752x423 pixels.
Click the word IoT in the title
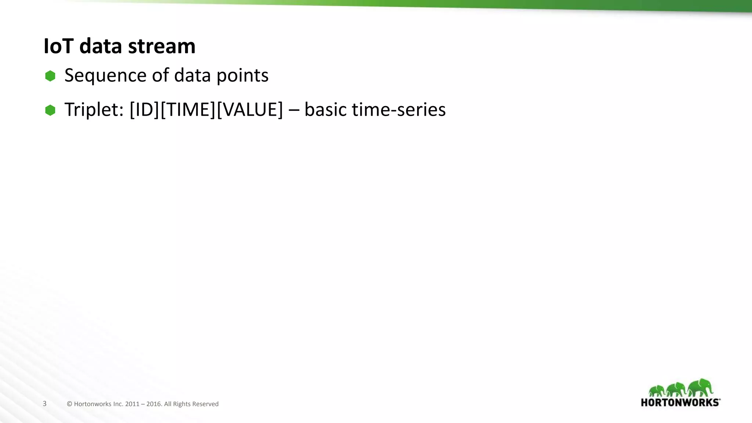point(58,46)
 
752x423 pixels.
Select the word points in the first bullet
point(242,76)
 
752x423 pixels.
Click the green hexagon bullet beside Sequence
point(50,76)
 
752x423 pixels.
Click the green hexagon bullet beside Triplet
point(50,110)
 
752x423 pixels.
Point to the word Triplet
point(94,110)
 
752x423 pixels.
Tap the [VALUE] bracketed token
point(250,110)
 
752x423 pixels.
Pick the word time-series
point(399,110)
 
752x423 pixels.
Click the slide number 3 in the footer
point(45,404)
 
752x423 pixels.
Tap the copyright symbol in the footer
point(69,404)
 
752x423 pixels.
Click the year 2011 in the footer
point(132,404)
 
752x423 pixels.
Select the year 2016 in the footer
point(153,404)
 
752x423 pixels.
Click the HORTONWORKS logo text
point(680,402)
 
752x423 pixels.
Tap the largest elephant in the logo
point(701,387)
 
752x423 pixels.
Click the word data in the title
point(101,46)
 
